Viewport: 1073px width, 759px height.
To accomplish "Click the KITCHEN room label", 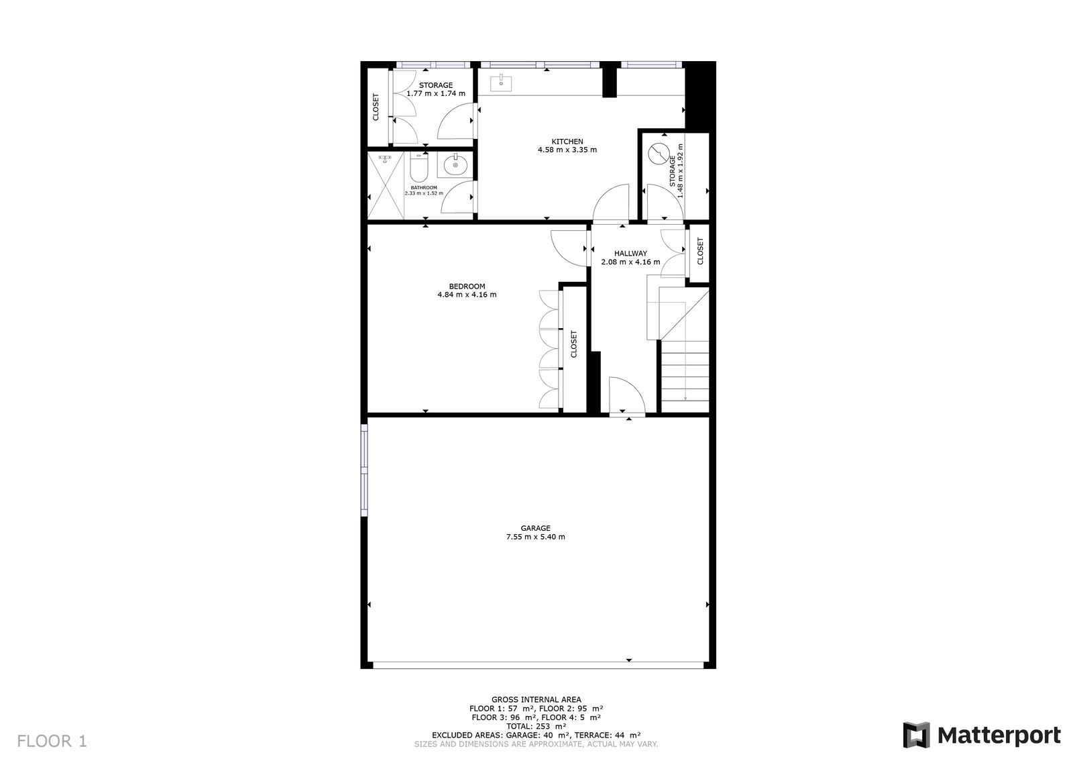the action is [x=567, y=142].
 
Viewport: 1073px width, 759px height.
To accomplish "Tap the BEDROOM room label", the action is [x=467, y=287].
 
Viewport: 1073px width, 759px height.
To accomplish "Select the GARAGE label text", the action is [x=536, y=528].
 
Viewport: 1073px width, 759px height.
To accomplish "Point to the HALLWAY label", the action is [x=630, y=253].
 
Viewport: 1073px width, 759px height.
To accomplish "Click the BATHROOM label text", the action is [x=423, y=187].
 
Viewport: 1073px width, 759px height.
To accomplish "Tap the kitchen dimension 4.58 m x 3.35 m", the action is [x=567, y=150].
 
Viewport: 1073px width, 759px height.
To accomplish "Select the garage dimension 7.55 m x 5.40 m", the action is [x=536, y=537].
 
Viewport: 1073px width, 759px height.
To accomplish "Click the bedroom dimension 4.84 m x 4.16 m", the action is [x=467, y=295].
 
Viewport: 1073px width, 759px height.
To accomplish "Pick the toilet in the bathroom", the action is [x=418, y=168].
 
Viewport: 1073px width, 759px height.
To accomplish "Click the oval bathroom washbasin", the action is [x=455, y=166].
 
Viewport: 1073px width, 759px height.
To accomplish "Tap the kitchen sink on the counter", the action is [x=501, y=83].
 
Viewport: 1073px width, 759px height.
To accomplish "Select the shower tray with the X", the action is [x=386, y=186].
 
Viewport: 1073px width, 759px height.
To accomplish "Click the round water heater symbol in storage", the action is [x=659, y=154].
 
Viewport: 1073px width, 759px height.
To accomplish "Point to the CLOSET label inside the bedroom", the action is [x=574, y=344].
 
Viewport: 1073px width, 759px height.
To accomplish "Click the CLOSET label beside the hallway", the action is [x=700, y=251].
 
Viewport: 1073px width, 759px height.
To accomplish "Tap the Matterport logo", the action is [x=982, y=735].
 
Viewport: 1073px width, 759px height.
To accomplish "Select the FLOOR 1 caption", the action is [x=52, y=742].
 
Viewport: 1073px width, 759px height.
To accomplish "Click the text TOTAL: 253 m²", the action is [x=536, y=726].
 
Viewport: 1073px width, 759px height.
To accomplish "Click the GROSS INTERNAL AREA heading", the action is [x=536, y=699].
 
